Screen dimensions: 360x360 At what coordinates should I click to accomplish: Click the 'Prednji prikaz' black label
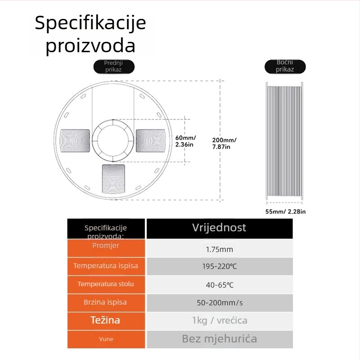coord(114,66)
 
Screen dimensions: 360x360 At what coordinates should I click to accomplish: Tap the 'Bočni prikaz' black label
coord(285,66)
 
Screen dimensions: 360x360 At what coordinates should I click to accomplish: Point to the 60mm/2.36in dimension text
coord(185,141)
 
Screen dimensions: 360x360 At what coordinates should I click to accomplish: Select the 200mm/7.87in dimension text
coord(224,143)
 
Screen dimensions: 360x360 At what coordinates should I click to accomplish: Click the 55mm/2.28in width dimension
coord(285,211)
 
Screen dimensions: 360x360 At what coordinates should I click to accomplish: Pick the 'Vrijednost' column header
coord(219,228)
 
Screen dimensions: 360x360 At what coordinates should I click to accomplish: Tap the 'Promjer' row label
coord(106,245)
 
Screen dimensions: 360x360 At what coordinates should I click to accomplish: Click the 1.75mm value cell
coord(220,249)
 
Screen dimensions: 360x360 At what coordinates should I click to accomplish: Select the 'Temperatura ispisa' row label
coord(106,265)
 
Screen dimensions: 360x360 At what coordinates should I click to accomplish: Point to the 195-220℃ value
coord(220,266)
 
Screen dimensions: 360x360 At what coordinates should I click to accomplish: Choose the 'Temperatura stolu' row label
coord(106,284)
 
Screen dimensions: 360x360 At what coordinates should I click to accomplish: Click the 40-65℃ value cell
coord(220,285)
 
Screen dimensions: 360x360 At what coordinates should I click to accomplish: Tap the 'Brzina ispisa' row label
coord(105,302)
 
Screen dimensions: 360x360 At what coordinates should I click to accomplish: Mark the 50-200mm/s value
coord(220,303)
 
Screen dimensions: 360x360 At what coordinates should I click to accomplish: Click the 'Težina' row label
coord(105,320)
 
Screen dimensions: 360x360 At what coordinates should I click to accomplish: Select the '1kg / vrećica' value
coord(220,320)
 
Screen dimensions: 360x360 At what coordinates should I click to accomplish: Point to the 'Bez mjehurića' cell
coord(220,339)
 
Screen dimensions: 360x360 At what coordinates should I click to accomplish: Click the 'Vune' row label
coord(106,339)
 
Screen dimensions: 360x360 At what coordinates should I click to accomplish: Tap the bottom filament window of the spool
coord(113,179)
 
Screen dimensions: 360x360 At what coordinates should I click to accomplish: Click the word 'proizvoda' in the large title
coord(90,45)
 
